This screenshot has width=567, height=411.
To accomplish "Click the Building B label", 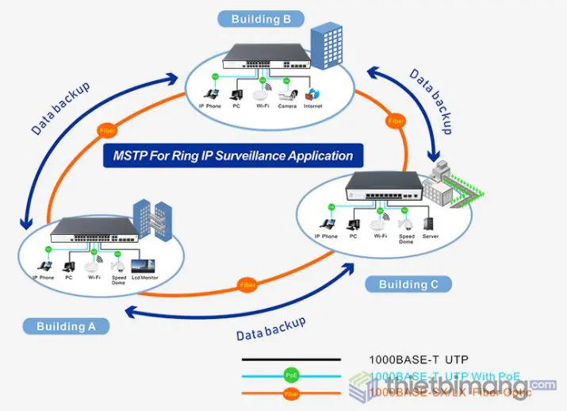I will click(x=261, y=18).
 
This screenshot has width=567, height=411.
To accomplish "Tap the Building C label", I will click(x=403, y=284).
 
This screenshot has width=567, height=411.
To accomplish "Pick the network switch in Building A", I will click(x=94, y=230).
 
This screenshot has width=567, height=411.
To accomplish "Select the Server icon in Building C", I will click(x=431, y=220).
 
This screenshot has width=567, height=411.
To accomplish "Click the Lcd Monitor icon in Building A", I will click(x=144, y=265).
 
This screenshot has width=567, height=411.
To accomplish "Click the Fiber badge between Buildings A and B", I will click(x=106, y=130).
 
